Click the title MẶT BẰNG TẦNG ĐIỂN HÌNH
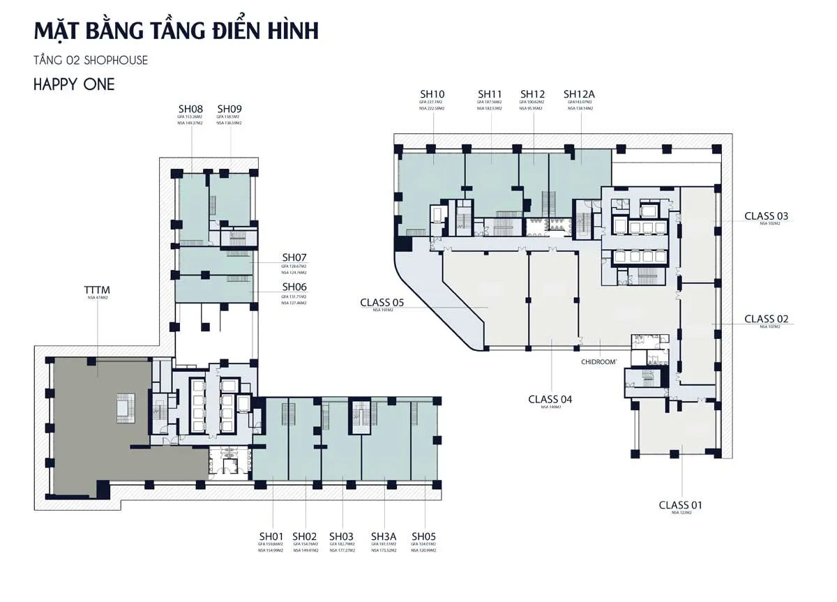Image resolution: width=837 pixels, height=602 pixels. (176, 31)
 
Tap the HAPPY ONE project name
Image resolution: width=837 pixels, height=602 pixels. (74, 85)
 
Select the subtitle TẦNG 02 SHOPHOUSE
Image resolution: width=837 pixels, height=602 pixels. (91, 61)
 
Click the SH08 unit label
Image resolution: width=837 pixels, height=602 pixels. (190, 109)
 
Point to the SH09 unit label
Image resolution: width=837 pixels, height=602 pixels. (229, 109)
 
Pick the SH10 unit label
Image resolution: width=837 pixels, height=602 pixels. (432, 94)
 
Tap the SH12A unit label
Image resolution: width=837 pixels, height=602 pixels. (579, 94)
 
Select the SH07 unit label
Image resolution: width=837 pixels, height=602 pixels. (294, 257)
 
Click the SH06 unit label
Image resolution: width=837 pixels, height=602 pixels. (294, 287)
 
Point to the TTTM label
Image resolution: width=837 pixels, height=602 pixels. (97, 289)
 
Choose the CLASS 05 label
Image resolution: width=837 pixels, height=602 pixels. (382, 303)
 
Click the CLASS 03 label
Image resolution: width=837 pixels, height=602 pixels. (766, 216)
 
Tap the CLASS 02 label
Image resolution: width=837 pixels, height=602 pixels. (766, 319)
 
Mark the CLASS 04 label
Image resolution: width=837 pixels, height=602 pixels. (550, 399)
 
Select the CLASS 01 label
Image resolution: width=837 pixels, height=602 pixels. (681, 505)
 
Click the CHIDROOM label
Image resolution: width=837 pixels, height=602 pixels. (601, 362)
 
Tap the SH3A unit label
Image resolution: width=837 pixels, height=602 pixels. (384, 536)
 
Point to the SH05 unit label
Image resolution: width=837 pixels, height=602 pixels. (423, 536)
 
